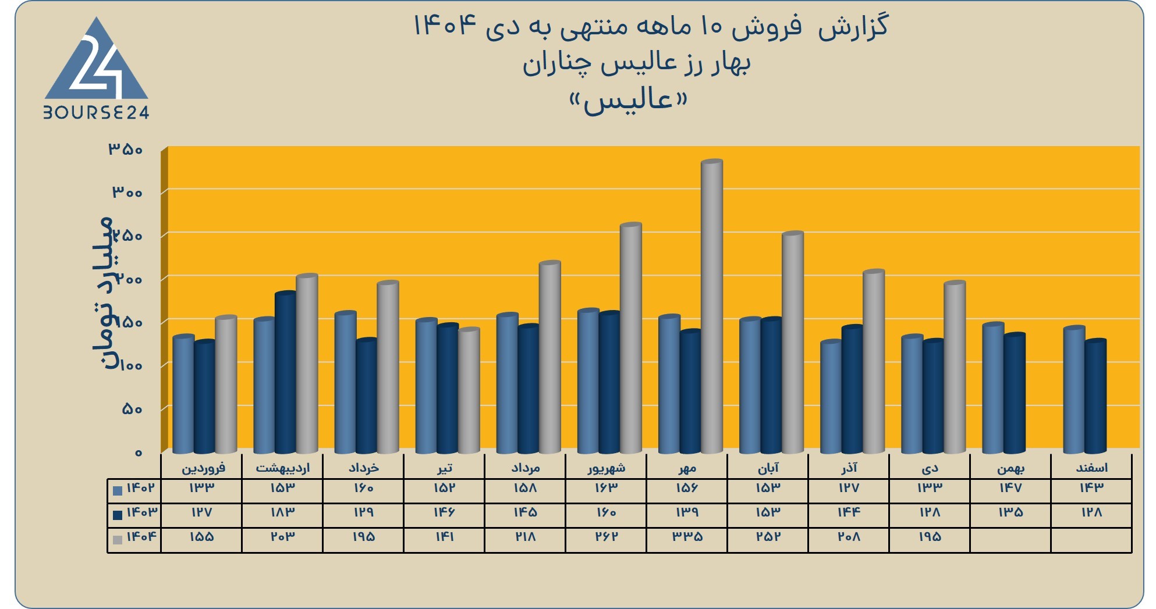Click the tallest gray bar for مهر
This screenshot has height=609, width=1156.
coord(712,306)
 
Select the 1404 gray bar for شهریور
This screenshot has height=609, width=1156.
coord(631,338)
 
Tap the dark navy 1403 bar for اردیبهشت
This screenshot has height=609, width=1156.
coord(285,372)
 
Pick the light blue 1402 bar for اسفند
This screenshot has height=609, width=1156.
coord(1074,389)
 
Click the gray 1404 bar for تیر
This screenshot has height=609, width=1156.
coord(469,390)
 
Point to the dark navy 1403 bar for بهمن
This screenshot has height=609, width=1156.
coord(1015,393)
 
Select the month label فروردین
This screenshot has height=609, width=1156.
coord(203,468)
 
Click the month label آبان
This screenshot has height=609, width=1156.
coord(768,468)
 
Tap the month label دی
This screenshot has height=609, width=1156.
coord(930,468)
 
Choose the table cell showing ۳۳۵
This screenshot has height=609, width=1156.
coord(687,536)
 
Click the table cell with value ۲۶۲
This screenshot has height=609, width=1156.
coord(606,536)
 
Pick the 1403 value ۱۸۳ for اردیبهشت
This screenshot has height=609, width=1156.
coord(282,512)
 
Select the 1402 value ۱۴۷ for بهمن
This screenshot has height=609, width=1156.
coord(1010,487)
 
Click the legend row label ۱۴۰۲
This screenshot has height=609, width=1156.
coord(141,487)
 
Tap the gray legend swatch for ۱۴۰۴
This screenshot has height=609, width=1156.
coord(118,540)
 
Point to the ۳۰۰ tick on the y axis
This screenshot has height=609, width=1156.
coord(127,192)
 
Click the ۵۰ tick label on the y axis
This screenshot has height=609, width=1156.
coord(132,409)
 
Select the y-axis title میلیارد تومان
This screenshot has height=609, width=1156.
coord(102,293)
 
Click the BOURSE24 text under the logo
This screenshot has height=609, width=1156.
coord(97,112)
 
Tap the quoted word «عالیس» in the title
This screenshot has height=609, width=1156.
coord(629,101)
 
